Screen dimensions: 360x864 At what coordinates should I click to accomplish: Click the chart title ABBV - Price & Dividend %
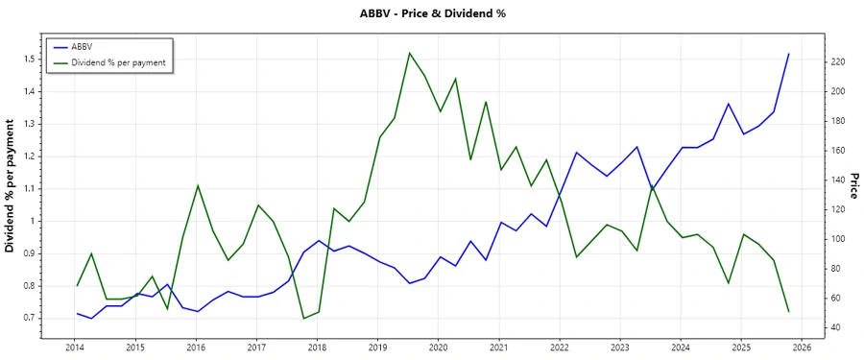(431, 13)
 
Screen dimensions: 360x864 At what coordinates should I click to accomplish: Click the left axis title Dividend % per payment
(10, 186)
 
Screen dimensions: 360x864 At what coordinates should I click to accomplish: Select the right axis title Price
(853, 186)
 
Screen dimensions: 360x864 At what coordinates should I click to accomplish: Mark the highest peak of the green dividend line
(409, 53)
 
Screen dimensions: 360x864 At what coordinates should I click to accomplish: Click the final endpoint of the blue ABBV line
(789, 54)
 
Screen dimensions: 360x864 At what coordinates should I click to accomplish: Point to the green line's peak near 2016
(197, 185)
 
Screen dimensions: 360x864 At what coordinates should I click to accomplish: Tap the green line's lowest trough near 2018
(303, 318)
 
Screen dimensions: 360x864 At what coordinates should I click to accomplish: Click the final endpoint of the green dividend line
(789, 311)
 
